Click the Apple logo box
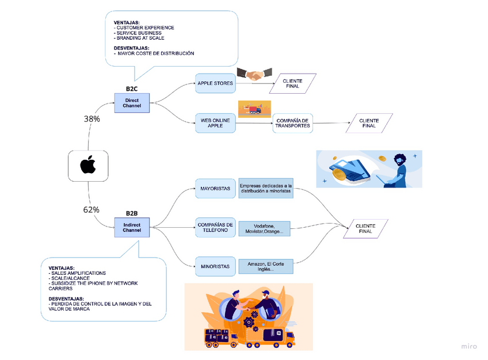click(87, 166)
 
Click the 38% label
click(92, 119)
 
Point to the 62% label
click(91, 209)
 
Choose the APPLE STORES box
click(215, 83)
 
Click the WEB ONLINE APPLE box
click(215, 122)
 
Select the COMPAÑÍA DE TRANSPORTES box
click(292, 122)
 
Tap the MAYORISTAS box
click(215, 189)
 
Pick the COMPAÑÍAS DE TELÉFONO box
click(215, 227)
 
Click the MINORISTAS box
click(215, 266)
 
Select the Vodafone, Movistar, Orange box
click(264, 228)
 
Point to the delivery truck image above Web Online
click(254, 109)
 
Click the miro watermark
click(469, 346)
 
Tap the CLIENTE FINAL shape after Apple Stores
click(296, 83)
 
